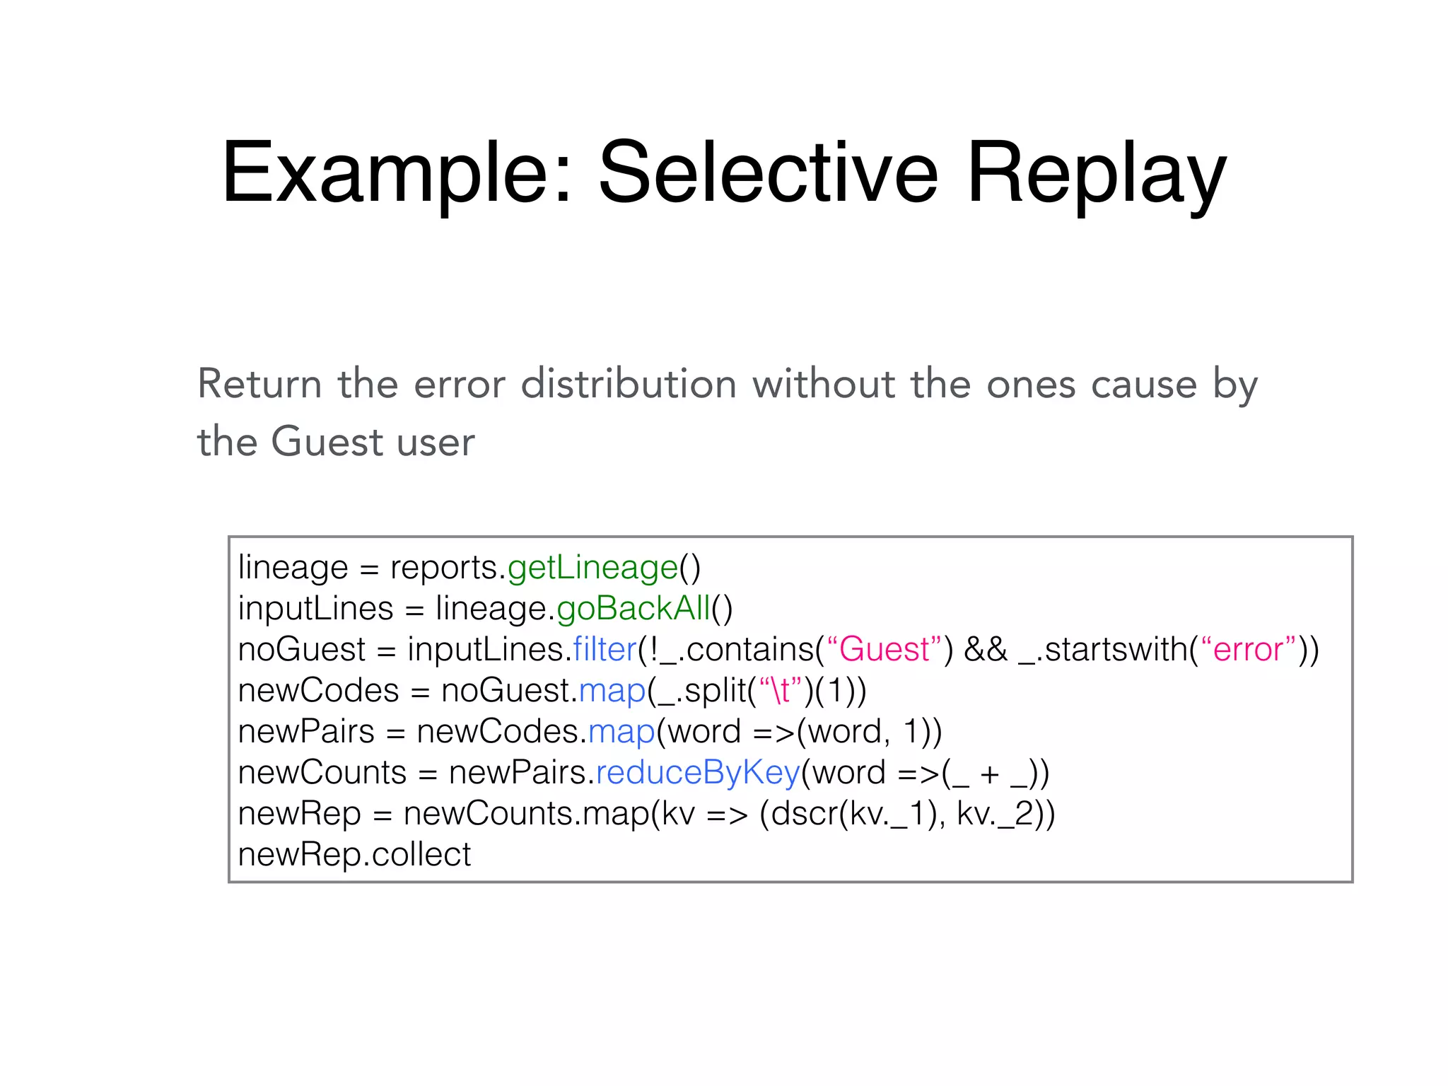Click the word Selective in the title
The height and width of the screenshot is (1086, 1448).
point(769,173)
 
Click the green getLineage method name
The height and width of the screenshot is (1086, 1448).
point(592,568)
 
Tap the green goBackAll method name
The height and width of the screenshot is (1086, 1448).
point(633,609)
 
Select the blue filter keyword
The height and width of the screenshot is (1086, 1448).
point(605,650)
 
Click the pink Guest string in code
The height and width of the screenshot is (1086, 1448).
point(884,650)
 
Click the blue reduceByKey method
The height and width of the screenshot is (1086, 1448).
point(698,773)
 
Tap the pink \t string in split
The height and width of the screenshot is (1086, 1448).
point(781,691)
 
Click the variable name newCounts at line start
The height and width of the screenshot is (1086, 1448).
point(322,773)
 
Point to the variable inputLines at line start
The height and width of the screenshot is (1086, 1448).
point(315,609)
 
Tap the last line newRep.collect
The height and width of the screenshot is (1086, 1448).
point(354,855)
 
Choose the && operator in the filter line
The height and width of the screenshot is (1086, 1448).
point(986,650)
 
